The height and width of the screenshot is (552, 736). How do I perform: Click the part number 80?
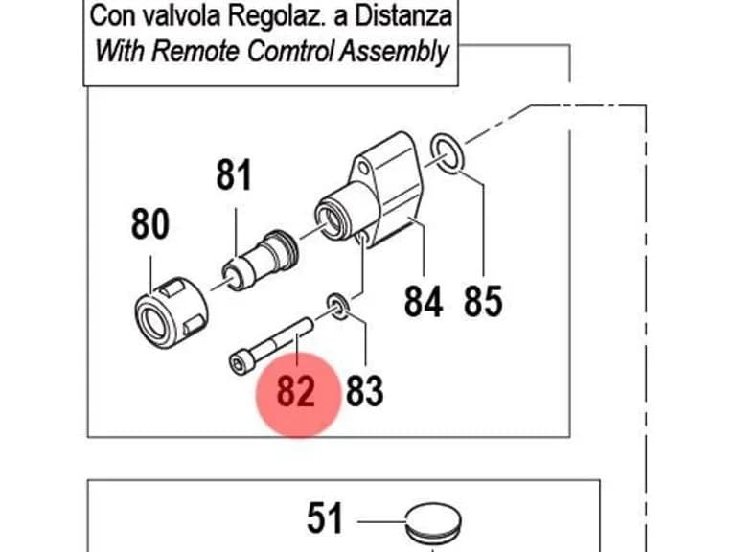point(150,224)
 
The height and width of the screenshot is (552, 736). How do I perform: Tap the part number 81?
point(234,175)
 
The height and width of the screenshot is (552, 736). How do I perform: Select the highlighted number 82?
point(296,391)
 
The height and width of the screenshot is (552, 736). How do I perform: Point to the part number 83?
point(365,391)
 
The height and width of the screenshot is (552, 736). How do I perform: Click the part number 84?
point(424,302)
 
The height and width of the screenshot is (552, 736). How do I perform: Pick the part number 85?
point(483,301)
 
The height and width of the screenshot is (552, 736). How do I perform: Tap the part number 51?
point(325,518)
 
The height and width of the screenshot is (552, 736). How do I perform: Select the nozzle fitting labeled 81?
point(260,261)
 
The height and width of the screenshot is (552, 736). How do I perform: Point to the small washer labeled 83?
point(338,306)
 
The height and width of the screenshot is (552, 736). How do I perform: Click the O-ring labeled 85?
point(448,153)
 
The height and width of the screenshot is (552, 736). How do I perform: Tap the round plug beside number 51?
point(433,522)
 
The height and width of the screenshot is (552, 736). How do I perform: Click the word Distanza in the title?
point(403,16)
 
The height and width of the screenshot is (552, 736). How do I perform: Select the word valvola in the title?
point(181,16)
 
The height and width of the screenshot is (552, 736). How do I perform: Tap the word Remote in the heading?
point(195,51)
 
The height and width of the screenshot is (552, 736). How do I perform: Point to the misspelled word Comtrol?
point(290,51)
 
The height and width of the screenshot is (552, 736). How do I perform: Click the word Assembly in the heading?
point(394,52)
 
